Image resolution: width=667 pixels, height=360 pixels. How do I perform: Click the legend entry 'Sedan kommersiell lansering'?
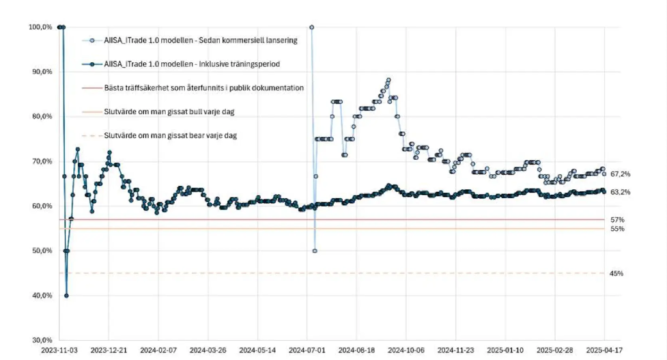point(201,40)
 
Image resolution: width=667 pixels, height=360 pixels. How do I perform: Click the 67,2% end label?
point(621,174)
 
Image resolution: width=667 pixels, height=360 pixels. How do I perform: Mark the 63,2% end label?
point(621,192)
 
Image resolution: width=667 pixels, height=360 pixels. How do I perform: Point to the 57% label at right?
point(617,219)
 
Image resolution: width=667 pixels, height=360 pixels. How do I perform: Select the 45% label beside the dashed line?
point(617,273)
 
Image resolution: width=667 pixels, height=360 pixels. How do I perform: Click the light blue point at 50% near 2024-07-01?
point(315,251)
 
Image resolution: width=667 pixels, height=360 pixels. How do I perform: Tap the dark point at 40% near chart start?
point(66,296)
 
